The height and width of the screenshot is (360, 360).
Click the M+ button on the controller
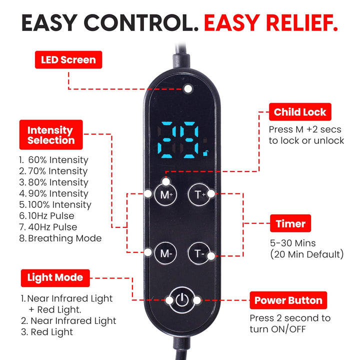pos(165,194)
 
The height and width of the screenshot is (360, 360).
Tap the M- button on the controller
pos(165,253)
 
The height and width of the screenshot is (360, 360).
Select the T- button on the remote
pos(198,253)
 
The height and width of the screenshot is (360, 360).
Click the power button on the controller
pos(182,300)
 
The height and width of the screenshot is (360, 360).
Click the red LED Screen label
pos(68,60)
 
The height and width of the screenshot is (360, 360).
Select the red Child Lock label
pos(300,112)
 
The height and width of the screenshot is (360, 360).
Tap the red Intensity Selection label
pos(50,135)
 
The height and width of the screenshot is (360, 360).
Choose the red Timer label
pos(290,223)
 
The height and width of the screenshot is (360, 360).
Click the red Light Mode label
pos(55,277)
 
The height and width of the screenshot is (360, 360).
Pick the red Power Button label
pos(288,300)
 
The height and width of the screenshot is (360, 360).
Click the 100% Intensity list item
pos(55,204)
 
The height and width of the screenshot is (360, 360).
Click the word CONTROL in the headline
pos(133,22)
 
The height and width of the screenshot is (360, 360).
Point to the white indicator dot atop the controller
pos(187,89)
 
